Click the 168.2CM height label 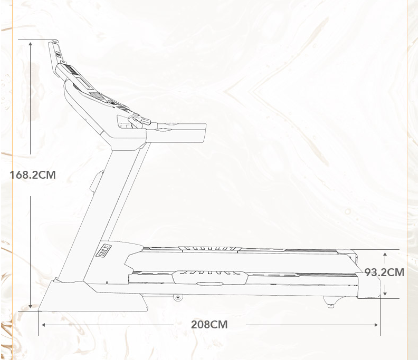[x=33, y=175]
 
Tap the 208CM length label [x=209, y=325]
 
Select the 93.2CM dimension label [x=384, y=273]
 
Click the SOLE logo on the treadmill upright [x=103, y=250]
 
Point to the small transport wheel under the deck [x=178, y=297]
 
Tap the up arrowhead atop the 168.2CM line [x=31, y=44]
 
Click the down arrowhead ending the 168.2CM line [x=31, y=306]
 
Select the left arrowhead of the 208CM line [x=44, y=325]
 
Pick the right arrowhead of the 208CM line [x=376, y=325]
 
